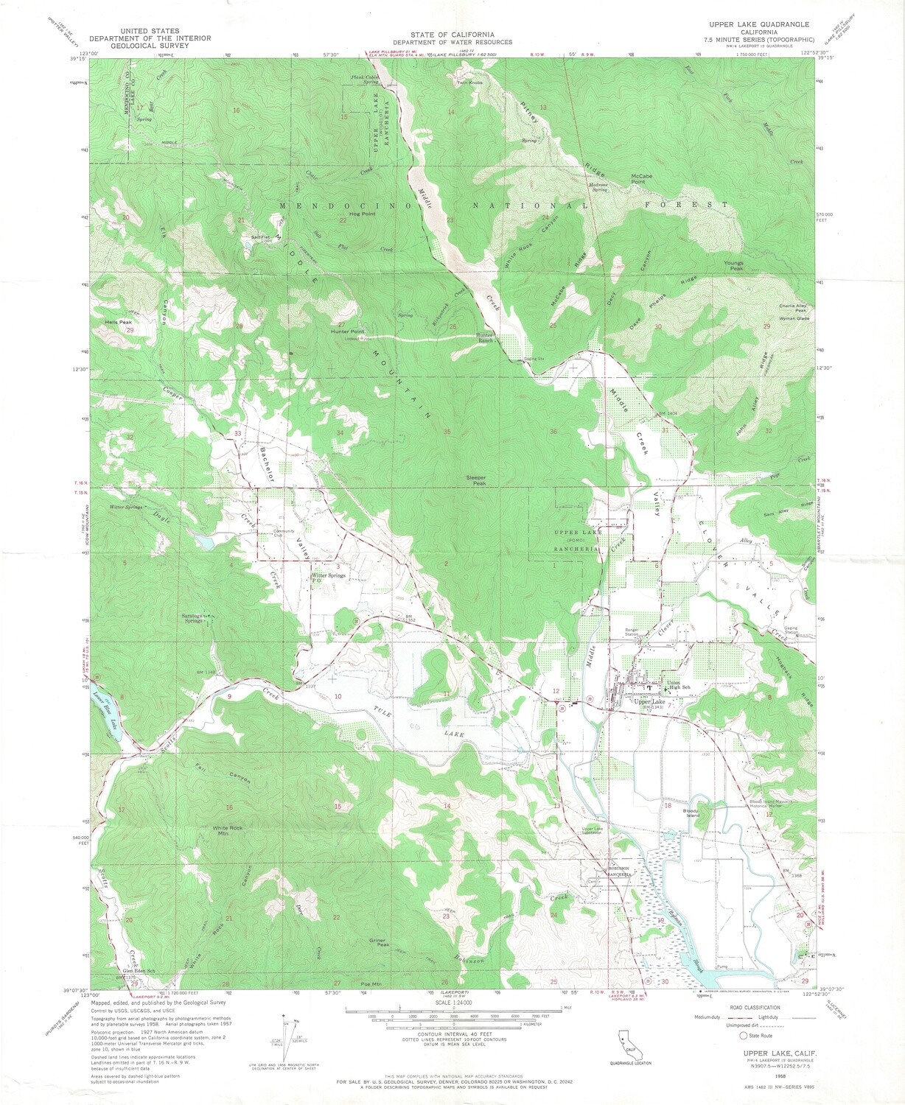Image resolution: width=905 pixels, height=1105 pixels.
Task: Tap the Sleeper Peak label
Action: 476,480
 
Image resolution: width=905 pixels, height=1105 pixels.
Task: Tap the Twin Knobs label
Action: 469,83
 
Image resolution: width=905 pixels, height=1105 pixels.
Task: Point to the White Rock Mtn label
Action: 227,831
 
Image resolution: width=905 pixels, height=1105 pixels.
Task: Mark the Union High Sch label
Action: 678,685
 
